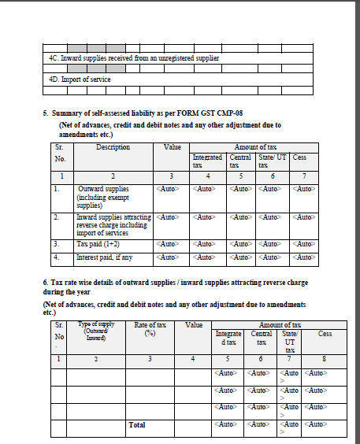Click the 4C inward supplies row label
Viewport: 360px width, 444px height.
134,58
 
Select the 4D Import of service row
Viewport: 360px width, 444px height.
80,79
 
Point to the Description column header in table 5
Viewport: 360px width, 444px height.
113,147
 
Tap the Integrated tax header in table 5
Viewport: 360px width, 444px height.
207,161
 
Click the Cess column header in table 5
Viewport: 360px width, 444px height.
299,157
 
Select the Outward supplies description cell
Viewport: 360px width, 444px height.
103,197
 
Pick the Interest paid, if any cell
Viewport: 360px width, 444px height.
104,257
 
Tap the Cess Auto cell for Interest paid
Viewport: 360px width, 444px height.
303,257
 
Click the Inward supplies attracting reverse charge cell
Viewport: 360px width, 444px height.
114,224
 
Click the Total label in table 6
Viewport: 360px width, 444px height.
137,425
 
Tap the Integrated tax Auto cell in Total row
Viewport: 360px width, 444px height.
228,425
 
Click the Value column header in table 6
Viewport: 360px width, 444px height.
194,324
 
